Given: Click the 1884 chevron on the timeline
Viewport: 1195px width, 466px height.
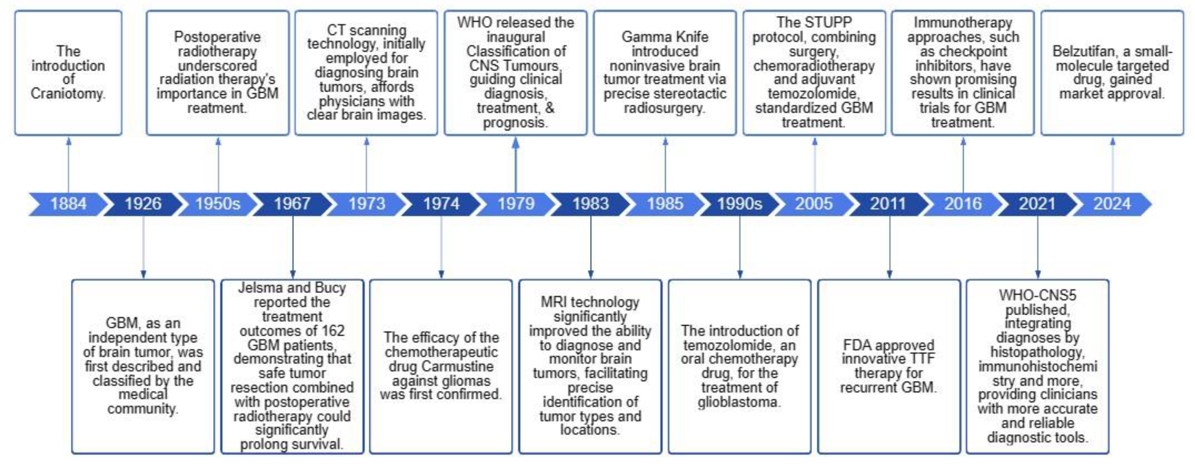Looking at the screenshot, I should [x=68, y=204].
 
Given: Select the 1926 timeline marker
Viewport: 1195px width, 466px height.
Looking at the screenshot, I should [x=143, y=204].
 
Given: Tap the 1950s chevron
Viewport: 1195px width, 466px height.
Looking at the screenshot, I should [x=217, y=204].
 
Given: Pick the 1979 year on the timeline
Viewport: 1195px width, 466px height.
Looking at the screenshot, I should [x=516, y=204].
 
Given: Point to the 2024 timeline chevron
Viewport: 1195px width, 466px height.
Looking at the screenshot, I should [x=1112, y=204].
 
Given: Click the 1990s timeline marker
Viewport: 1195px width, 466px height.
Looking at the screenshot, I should [x=739, y=204].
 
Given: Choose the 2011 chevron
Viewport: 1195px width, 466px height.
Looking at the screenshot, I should [x=888, y=204].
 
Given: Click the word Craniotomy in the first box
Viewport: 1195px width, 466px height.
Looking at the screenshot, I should [x=68, y=94].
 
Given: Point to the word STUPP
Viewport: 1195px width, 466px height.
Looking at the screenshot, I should [x=833, y=22].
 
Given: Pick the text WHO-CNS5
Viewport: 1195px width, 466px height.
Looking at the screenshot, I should [x=1037, y=295].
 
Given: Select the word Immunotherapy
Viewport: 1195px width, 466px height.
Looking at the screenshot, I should [x=963, y=22].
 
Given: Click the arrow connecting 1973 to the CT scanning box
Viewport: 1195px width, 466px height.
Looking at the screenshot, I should [x=366, y=165].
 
